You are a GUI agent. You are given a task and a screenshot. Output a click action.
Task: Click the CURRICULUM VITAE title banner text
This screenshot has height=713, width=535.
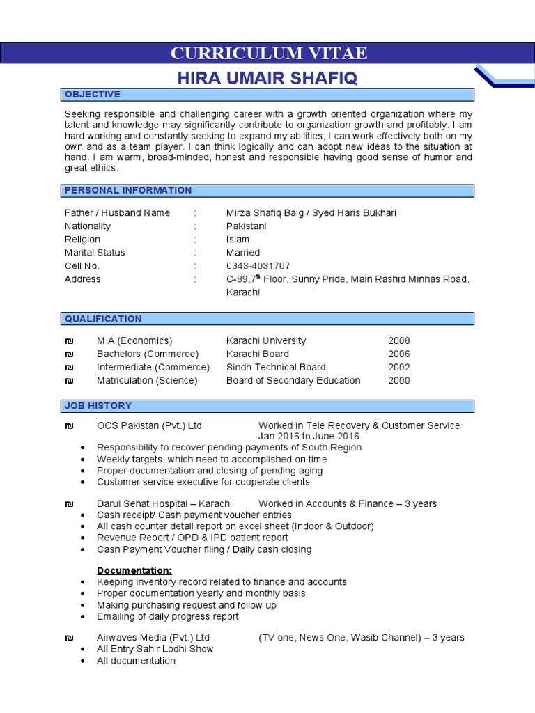(269, 53)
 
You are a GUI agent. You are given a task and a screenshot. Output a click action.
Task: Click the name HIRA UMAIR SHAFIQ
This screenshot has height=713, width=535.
(267, 79)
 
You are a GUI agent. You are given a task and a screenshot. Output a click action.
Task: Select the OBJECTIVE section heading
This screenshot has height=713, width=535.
(93, 95)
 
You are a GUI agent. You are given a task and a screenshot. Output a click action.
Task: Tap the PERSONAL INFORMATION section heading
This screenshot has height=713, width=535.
(128, 191)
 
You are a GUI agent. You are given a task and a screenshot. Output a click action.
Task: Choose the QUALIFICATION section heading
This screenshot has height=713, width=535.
(103, 319)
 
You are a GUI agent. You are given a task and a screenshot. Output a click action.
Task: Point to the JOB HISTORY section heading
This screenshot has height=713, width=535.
(98, 406)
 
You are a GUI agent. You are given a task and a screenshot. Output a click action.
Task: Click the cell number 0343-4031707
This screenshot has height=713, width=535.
(258, 266)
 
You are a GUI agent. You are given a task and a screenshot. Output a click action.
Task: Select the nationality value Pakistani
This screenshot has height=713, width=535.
(246, 226)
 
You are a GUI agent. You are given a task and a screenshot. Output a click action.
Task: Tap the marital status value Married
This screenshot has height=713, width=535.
(242, 253)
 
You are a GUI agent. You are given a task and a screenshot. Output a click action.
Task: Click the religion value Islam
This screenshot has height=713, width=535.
(238, 240)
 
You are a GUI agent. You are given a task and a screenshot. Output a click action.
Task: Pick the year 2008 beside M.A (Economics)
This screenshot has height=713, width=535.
(399, 341)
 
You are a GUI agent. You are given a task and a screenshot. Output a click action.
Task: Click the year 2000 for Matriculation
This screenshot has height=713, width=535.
(399, 381)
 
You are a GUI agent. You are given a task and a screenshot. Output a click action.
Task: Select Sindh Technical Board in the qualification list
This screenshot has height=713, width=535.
(275, 368)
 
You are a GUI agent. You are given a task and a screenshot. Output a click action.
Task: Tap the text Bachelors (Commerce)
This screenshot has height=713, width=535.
(148, 354)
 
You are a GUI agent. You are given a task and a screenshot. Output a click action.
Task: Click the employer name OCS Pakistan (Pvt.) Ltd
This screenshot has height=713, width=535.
(149, 425)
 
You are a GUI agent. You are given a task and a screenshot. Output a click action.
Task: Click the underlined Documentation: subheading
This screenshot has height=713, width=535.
(134, 571)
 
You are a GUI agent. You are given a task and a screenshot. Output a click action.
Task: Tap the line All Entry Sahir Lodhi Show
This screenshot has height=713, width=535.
(155, 649)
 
